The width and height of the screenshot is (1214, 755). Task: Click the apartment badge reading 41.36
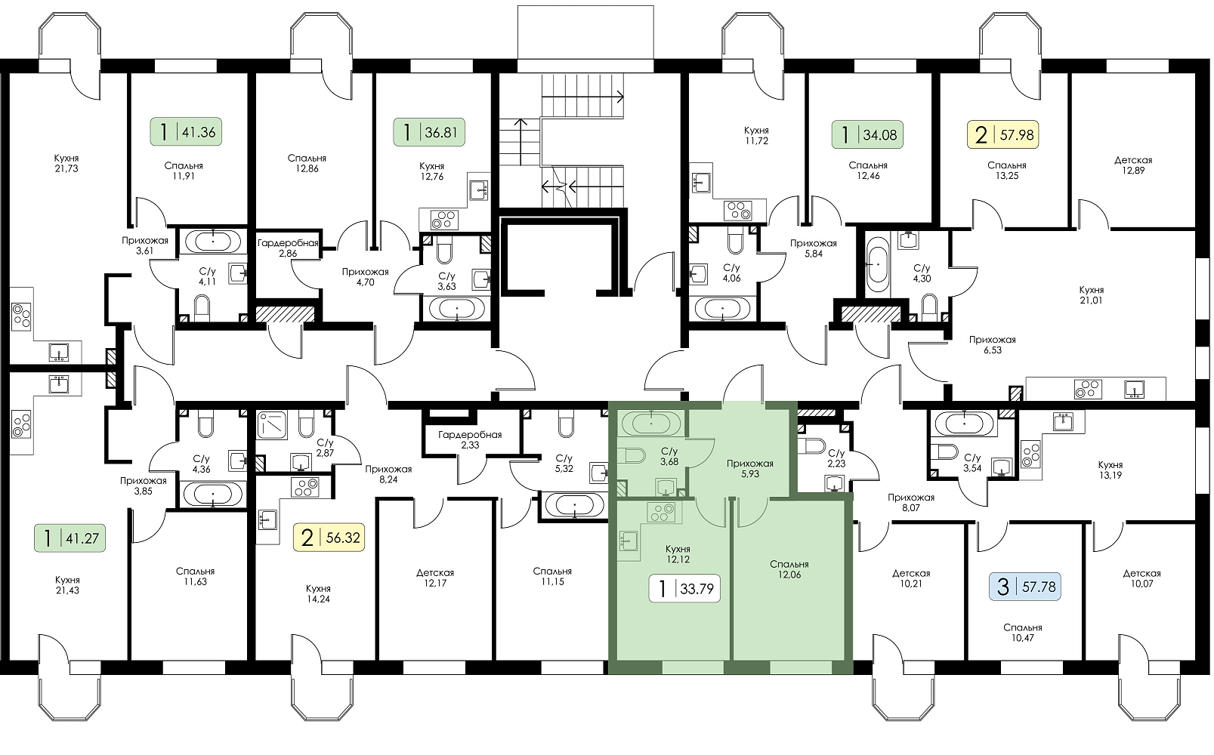point(185,132)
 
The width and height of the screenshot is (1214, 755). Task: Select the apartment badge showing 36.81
point(428,132)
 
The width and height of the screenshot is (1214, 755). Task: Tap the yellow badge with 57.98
point(1002,134)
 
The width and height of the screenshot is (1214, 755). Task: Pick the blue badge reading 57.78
point(1025,587)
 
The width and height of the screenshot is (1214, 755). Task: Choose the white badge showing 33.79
point(684,588)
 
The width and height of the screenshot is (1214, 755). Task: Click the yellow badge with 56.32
point(329,538)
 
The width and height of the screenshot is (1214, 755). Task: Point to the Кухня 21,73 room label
point(66,163)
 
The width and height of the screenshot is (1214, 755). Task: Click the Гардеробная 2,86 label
point(288,248)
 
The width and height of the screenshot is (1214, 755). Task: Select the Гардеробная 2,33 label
point(470,439)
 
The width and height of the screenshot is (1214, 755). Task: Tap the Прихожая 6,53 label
point(993,345)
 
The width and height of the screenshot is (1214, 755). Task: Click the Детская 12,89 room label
point(1133,165)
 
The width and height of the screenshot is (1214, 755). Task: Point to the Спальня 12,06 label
point(789,569)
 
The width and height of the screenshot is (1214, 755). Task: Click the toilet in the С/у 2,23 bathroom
point(814,446)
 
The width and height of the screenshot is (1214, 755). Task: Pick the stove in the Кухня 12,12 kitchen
point(661,513)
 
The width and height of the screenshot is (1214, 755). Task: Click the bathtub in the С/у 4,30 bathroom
point(877,264)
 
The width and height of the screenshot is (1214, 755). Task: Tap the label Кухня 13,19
point(1110,470)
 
